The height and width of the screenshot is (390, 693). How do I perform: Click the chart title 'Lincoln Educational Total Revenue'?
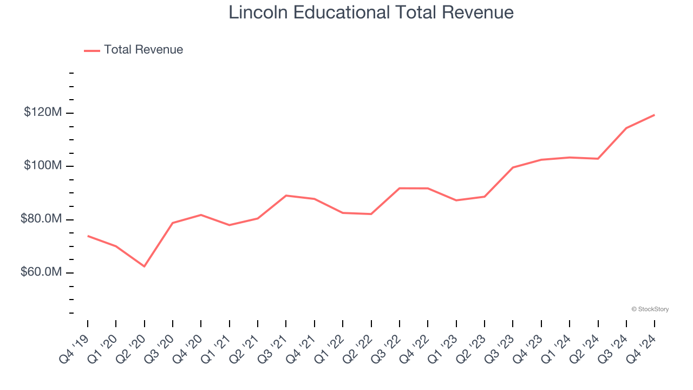(x=371, y=12)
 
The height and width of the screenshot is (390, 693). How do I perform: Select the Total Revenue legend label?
(x=143, y=50)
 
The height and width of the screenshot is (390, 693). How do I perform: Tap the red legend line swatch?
(x=92, y=50)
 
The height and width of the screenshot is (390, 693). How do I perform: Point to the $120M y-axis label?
(x=43, y=113)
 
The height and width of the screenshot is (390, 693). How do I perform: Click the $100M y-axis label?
(x=43, y=165)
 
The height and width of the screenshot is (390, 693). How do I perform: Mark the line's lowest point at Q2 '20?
(x=145, y=266)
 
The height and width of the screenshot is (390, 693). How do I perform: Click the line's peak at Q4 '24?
(x=655, y=115)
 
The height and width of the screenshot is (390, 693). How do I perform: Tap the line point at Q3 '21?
(x=286, y=196)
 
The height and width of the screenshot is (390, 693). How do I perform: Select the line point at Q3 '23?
(x=513, y=167)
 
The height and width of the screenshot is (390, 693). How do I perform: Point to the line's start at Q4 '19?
(x=88, y=236)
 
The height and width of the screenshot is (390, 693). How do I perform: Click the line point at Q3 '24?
(x=626, y=128)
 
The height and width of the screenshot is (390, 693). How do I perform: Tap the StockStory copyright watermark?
(x=650, y=309)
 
